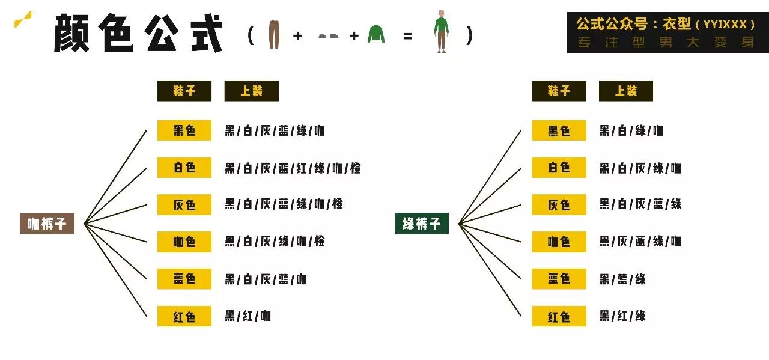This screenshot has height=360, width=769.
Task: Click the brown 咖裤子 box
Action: click(x=47, y=224)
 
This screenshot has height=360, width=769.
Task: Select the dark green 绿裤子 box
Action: click(x=421, y=224)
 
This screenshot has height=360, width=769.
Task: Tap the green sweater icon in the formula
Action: click(x=376, y=34)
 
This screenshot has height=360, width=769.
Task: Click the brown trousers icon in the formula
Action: click(x=274, y=34)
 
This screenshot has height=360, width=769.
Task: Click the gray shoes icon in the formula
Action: click(x=328, y=36)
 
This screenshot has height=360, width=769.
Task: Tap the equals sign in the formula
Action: click(x=408, y=36)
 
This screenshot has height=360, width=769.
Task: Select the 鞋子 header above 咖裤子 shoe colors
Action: click(x=184, y=91)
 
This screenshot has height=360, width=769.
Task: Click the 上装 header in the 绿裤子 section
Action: click(x=625, y=91)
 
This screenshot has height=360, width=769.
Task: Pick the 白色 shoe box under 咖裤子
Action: click(x=184, y=168)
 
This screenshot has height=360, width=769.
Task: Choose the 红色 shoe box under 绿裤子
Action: click(x=559, y=316)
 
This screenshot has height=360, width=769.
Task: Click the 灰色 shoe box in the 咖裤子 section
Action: click(x=184, y=205)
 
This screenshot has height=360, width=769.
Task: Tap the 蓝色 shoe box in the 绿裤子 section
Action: click(x=559, y=279)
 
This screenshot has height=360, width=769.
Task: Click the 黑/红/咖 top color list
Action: click(x=248, y=316)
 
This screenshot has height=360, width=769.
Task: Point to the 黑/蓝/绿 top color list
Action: click(x=622, y=279)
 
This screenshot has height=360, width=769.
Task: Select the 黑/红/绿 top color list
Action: click(x=622, y=316)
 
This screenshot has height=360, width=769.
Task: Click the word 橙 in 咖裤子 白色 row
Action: click(x=355, y=168)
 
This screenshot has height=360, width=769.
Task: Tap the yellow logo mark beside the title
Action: click(x=23, y=19)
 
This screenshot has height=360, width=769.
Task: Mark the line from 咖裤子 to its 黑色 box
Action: click(x=115, y=177)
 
